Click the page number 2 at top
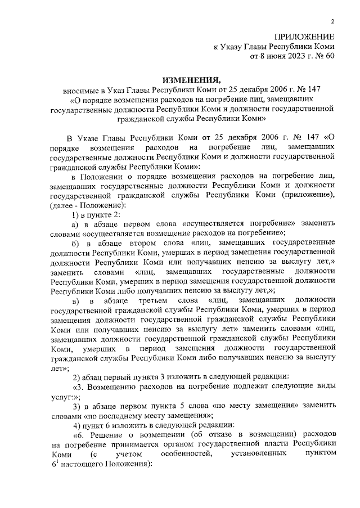point(333,22)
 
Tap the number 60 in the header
point(330,56)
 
